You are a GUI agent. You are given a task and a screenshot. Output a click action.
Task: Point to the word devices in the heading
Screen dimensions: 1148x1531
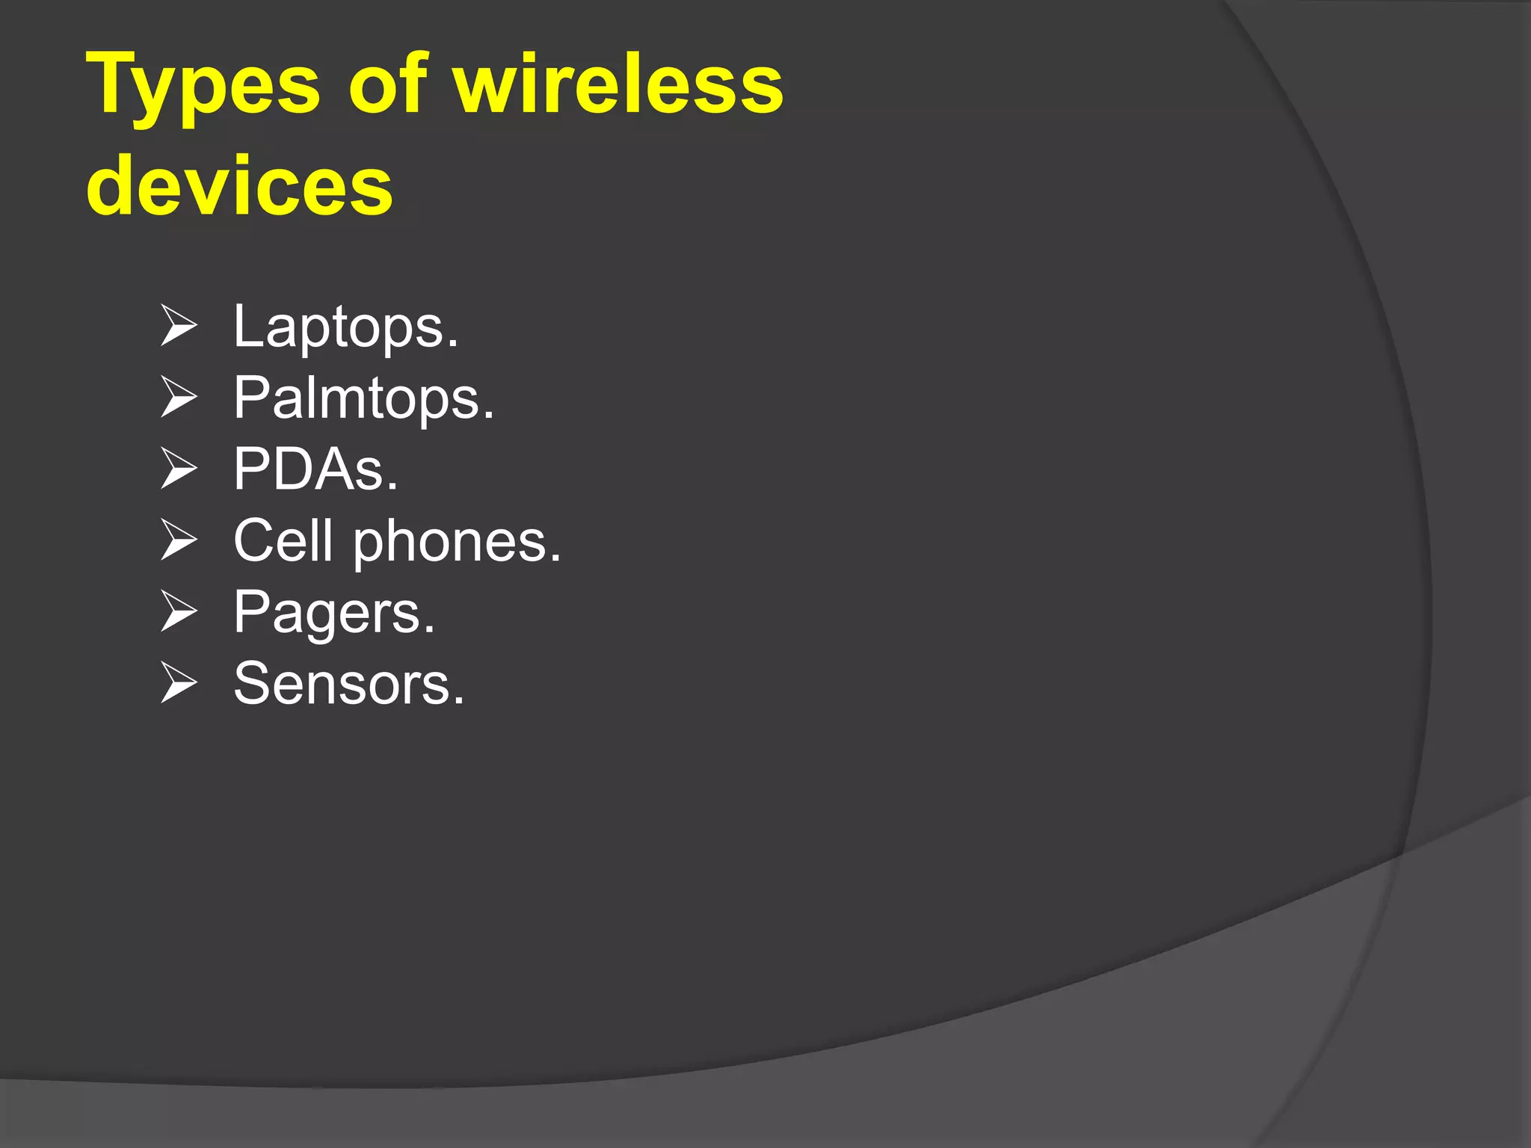tap(239, 185)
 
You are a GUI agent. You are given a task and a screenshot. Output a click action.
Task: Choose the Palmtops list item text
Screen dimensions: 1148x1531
tap(363, 398)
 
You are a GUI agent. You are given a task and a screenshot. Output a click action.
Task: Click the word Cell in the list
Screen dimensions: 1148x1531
tap(283, 540)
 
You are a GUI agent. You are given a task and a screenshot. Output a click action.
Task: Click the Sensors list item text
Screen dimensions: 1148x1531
tap(348, 683)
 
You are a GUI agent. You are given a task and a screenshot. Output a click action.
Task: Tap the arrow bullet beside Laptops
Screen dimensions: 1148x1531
tap(179, 327)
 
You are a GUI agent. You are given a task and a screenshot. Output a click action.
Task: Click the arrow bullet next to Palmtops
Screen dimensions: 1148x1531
tap(179, 398)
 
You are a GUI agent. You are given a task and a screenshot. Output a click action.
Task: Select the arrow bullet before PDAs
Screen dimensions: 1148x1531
tap(179, 469)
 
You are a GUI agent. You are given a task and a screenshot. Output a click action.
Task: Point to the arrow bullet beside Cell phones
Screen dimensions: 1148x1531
tap(179, 540)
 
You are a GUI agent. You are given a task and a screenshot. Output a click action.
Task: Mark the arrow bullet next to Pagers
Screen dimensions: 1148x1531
tap(179, 611)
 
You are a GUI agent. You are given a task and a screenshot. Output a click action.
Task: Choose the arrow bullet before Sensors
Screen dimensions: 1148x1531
tap(179, 683)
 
